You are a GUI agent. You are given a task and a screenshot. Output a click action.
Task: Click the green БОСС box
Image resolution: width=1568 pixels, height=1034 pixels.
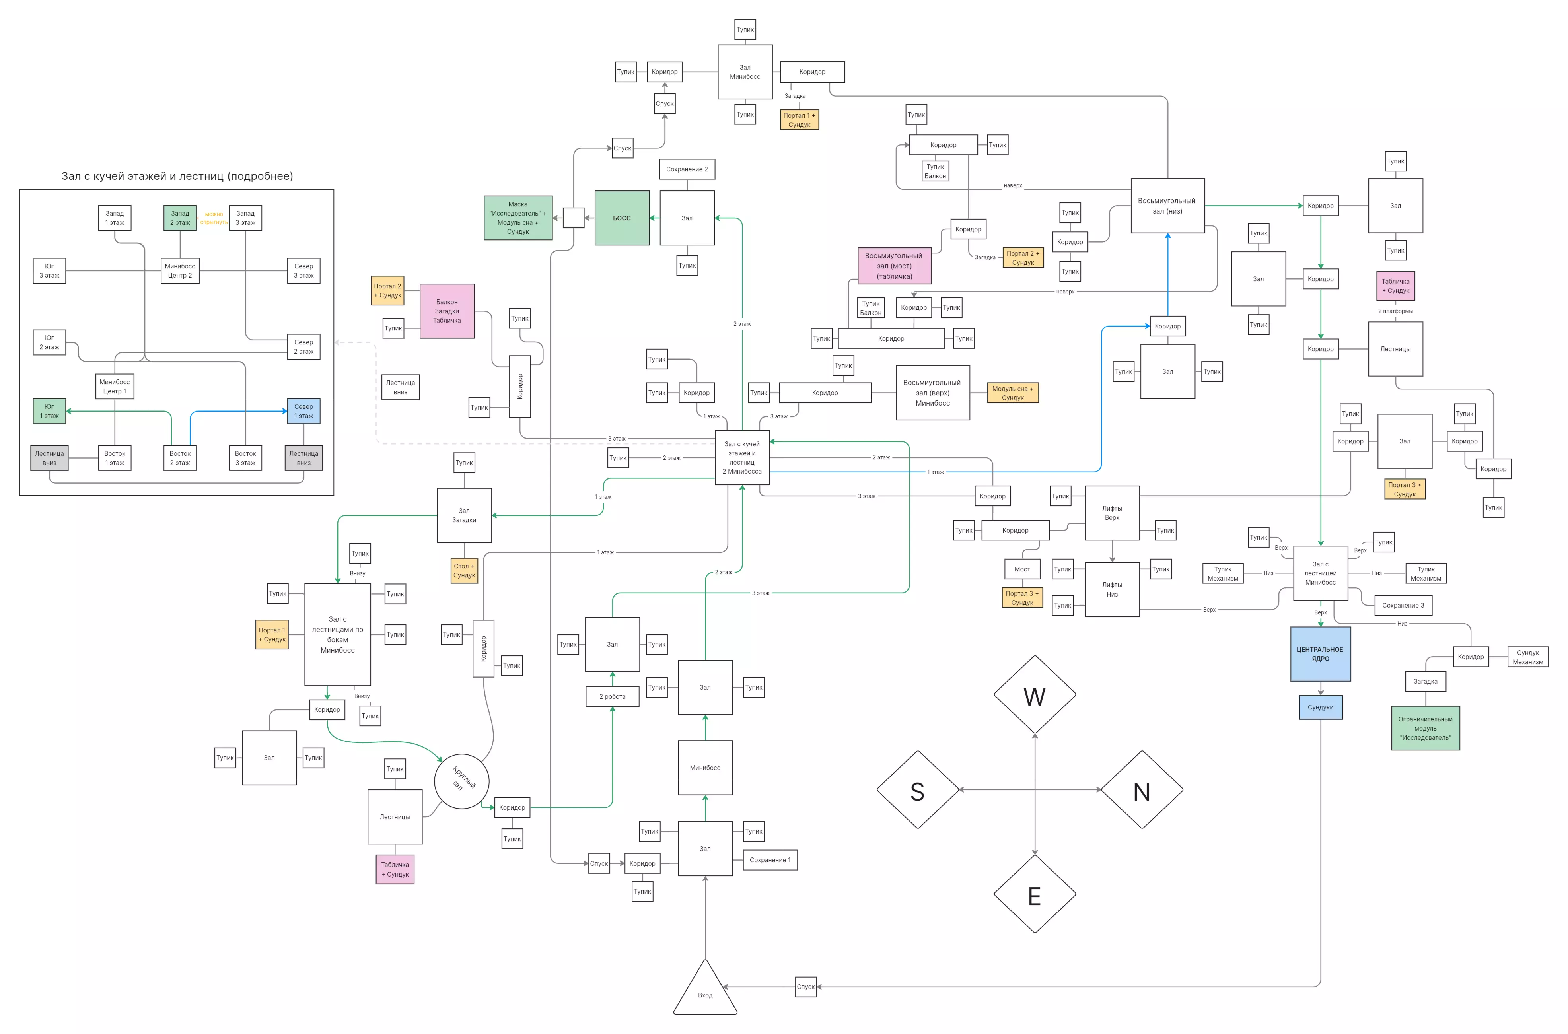tap(621, 218)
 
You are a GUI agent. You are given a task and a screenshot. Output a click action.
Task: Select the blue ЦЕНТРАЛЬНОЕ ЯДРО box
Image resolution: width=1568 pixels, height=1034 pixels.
tap(1320, 653)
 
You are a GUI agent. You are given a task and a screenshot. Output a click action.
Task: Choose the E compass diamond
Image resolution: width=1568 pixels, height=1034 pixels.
tap(1035, 895)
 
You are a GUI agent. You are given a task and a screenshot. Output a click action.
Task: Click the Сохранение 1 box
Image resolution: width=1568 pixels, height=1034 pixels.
tap(770, 860)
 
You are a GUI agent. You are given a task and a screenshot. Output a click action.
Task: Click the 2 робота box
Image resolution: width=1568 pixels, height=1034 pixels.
tap(612, 696)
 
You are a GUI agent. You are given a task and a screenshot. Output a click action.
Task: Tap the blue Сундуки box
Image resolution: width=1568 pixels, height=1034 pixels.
tap(1320, 707)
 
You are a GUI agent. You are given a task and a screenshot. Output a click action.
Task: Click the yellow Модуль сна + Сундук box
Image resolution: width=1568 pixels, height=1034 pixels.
tap(1012, 393)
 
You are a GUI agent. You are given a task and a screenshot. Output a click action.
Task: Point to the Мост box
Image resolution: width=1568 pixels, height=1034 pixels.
tap(1021, 569)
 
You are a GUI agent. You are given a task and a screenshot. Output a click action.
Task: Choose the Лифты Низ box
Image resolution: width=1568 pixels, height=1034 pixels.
tap(1112, 589)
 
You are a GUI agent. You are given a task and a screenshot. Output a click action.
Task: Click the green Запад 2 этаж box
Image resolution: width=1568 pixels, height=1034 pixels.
tap(180, 218)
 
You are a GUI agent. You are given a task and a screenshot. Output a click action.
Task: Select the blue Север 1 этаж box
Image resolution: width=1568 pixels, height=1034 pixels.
tap(303, 411)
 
